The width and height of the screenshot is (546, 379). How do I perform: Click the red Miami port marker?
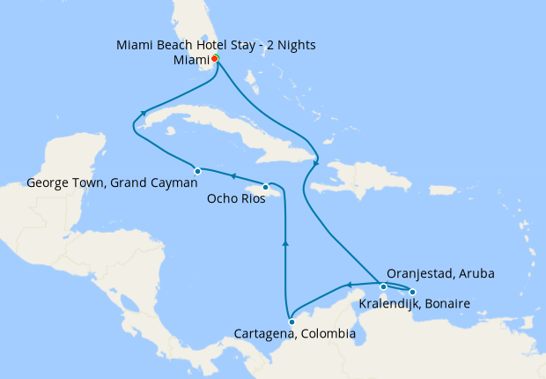(x=215, y=59)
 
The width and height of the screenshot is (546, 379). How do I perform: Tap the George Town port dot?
(x=197, y=171)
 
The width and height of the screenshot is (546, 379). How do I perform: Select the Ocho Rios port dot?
(x=265, y=187)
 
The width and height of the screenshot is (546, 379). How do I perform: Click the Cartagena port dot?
(x=291, y=322)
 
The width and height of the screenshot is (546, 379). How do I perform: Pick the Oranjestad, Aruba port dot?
(x=383, y=286)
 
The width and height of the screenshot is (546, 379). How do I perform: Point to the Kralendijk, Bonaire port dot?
(x=412, y=292)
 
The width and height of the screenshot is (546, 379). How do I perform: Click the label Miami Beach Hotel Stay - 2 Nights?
(x=216, y=45)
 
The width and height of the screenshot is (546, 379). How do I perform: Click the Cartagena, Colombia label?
(x=295, y=335)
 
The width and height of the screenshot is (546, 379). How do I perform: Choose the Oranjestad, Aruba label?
(x=440, y=274)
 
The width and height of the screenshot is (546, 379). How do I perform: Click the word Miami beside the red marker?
(x=191, y=60)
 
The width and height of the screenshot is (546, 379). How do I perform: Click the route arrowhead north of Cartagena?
(x=285, y=242)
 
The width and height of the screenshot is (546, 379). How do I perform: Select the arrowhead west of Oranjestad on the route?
(x=349, y=284)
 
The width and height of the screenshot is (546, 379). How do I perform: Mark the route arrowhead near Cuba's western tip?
(x=142, y=113)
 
